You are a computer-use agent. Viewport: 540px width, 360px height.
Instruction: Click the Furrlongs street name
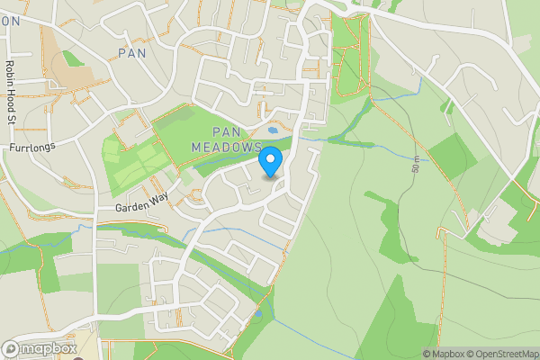pyautogui.click(x=31, y=146)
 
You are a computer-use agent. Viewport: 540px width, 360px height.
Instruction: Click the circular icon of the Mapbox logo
pyautogui.click(x=10, y=348)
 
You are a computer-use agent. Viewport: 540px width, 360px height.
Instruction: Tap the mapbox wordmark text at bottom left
pyautogui.click(x=45, y=348)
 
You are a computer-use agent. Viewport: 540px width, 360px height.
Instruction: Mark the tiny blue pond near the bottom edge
pyautogui.click(x=258, y=315)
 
